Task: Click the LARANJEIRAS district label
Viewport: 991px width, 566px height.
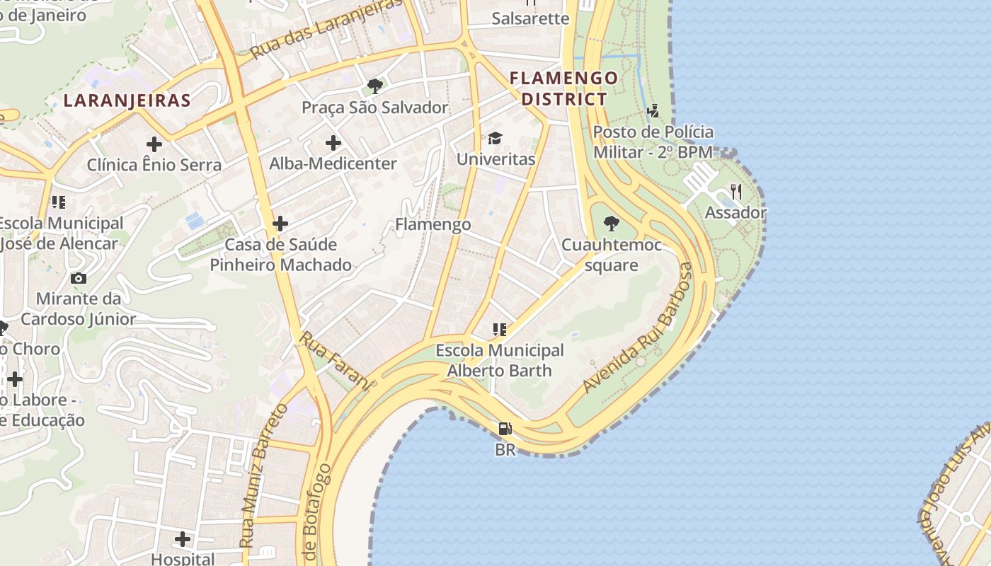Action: click(127, 100)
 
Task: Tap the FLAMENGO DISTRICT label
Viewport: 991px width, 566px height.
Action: click(564, 88)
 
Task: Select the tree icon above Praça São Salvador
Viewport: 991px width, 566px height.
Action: click(375, 86)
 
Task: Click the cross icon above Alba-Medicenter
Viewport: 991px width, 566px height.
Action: click(333, 143)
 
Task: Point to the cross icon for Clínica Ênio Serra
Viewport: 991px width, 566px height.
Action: click(154, 144)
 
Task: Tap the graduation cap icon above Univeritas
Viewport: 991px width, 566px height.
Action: click(495, 138)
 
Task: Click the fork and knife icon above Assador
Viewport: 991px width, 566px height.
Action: click(736, 192)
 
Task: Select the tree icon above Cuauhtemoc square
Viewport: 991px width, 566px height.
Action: click(611, 224)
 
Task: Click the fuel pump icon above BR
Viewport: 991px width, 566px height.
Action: click(505, 429)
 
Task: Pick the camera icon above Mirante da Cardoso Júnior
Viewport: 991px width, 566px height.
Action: click(79, 278)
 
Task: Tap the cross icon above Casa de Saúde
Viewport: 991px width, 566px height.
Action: click(280, 224)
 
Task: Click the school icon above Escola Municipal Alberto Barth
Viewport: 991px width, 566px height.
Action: click(500, 330)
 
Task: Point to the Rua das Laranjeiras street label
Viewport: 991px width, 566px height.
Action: click(326, 28)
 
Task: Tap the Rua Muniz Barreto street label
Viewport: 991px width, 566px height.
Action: click(263, 475)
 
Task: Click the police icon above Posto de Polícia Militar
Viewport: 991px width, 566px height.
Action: click(653, 111)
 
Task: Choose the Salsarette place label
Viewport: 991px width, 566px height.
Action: click(530, 18)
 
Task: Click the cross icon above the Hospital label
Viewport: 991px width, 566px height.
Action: click(183, 539)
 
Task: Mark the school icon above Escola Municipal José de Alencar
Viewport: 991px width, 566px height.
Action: click(59, 203)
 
